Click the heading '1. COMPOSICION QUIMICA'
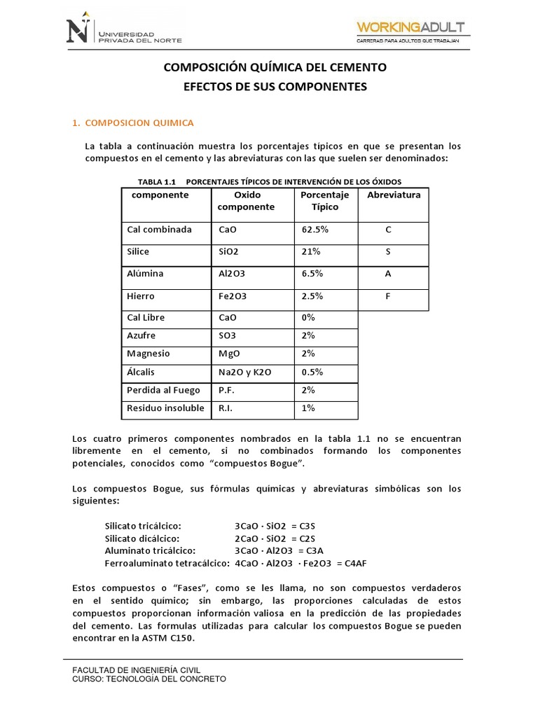coord(133,123)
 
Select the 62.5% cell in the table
coord(315,229)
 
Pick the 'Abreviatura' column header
coord(394,195)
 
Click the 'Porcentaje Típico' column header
coord(324,201)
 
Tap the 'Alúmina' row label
coord(144,274)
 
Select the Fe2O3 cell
coord(233,296)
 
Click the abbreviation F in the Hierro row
coord(387,296)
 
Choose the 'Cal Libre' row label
coord(146,317)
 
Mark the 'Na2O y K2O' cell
coord(245,372)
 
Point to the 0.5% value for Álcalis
coord(312,372)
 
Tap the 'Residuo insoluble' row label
coord(165,408)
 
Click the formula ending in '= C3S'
coord(275,525)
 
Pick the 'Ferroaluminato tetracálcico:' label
coord(167,563)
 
